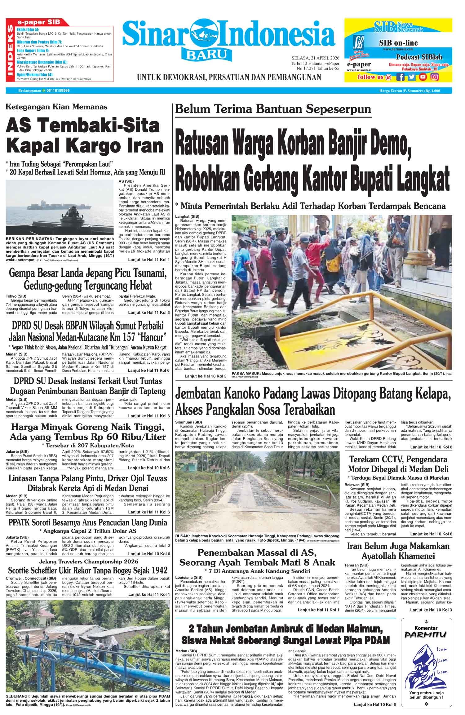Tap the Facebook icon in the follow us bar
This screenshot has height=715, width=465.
pyautogui.click(x=401, y=77)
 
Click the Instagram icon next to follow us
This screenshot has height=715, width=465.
pyautogui.click(x=435, y=77)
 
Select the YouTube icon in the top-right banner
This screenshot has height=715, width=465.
pyautogui.click(x=423, y=77)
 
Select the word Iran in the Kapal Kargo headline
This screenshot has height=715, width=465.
pyautogui.click(x=146, y=145)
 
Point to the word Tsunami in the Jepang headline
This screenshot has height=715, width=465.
pyautogui.click(x=147, y=273)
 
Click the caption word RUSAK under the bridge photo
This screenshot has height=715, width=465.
pyautogui.click(x=183, y=535)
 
